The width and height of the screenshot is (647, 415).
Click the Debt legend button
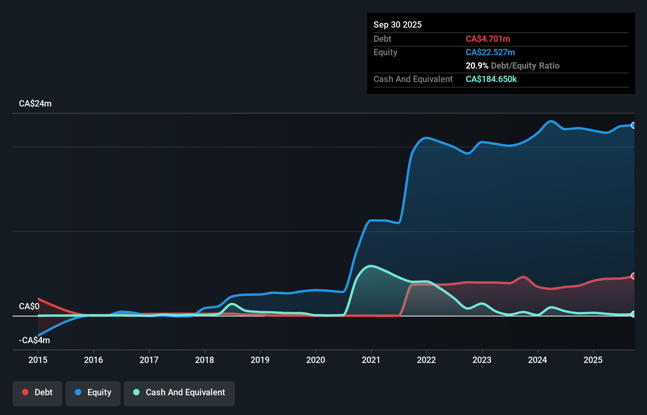37,393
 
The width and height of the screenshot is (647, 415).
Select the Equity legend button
93,393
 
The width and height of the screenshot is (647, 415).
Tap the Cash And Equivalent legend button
179,393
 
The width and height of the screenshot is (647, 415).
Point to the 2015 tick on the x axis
38,360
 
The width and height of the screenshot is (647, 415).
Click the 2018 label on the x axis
205,360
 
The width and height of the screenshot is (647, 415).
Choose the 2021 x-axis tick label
371,360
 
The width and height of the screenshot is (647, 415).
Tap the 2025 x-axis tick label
593,360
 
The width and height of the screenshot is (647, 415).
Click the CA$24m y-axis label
35,104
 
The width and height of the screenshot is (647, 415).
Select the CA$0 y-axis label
29,307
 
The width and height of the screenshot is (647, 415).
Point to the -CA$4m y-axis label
34,340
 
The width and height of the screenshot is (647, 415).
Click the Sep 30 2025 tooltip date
398,25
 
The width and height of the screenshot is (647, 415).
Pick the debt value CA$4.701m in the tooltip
488,39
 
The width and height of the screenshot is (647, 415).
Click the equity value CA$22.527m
490,52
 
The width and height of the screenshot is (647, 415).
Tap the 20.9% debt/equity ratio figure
477,66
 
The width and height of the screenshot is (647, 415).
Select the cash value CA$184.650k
491,79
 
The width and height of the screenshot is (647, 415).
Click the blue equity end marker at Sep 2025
633,125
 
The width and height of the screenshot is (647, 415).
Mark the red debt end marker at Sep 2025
633,276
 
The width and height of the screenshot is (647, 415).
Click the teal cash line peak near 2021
370,266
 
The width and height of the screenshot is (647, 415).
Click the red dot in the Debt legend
25,392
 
